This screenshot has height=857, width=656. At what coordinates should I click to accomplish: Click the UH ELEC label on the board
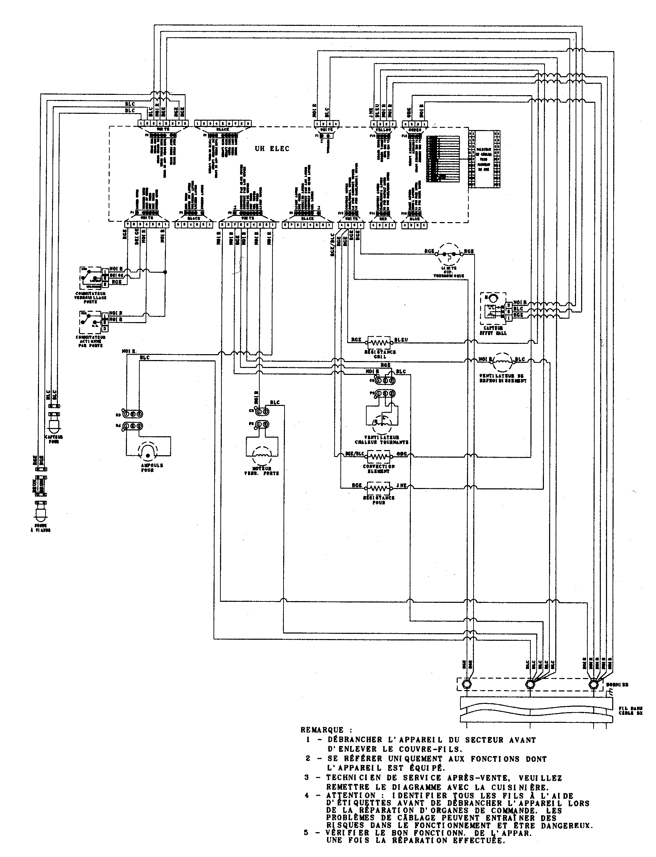click(272, 149)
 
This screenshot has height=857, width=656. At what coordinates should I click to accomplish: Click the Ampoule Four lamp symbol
click(148, 452)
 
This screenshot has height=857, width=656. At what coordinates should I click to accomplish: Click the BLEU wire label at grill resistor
click(401, 340)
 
